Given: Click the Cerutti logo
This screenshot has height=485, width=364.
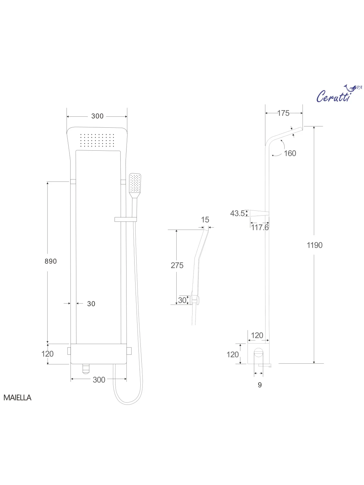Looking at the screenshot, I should click(x=336, y=94).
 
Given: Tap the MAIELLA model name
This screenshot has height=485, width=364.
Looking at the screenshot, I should click(x=17, y=398).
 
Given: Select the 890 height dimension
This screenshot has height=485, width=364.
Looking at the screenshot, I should click(x=50, y=261).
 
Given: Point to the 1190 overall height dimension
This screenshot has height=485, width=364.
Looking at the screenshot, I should click(x=314, y=245).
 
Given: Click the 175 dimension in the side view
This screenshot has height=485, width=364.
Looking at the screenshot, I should click(x=283, y=113).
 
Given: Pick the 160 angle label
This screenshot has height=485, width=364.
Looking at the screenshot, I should click(x=290, y=153).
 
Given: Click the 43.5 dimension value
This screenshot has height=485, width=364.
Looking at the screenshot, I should click(x=237, y=213).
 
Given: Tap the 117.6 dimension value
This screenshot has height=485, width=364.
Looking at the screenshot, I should click(x=260, y=227).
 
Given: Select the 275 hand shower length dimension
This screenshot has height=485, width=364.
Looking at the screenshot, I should click(x=177, y=265).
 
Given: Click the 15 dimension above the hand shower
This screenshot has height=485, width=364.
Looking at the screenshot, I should click(x=205, y=220).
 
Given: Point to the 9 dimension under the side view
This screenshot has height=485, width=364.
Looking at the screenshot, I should click(x=259, y=385).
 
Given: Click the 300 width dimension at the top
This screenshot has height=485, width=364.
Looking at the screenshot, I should click(x=97, y=116).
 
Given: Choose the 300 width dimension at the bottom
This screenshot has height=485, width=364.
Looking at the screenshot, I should click(x=99, y=380).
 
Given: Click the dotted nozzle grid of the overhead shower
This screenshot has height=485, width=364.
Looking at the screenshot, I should click(x=97, y=140).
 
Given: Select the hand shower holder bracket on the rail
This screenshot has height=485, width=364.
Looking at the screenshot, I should click(x=126, y=219).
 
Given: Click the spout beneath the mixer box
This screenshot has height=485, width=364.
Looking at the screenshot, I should click(x=86, y=368).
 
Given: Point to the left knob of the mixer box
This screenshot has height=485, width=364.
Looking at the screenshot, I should click(x=69, y=350).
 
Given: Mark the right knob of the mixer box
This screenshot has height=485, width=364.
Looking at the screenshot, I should click(x=129, y=350).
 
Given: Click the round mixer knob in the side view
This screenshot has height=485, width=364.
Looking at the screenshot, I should click(x=258, y=353).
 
